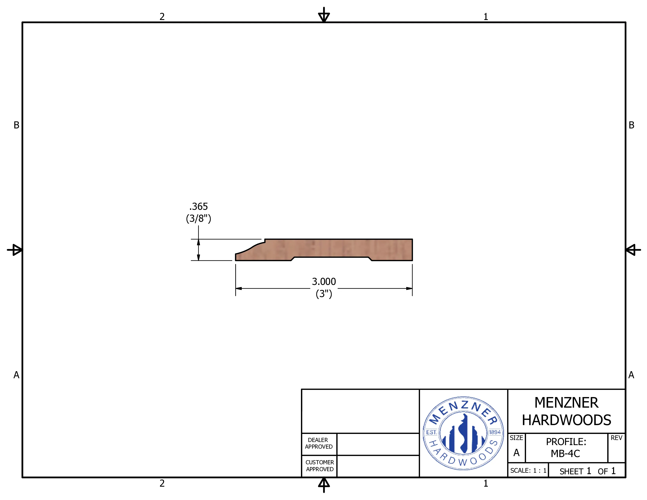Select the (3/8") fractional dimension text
point(198,219)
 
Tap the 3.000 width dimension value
point(324,281)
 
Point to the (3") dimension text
point(324,294)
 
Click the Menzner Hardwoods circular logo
point(463,433)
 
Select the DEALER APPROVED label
point(319,443)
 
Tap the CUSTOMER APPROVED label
point(320,466)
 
